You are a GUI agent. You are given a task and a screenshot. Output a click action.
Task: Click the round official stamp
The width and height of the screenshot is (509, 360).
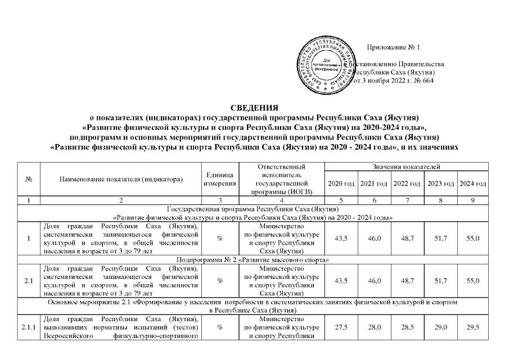pos(328,64)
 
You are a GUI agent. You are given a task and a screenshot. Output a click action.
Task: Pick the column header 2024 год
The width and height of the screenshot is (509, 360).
pos(472,184)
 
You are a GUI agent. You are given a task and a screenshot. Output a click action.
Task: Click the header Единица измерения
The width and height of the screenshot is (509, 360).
pos(219,180)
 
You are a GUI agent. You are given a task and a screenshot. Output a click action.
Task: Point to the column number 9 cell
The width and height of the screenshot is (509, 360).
pos(472,200)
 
